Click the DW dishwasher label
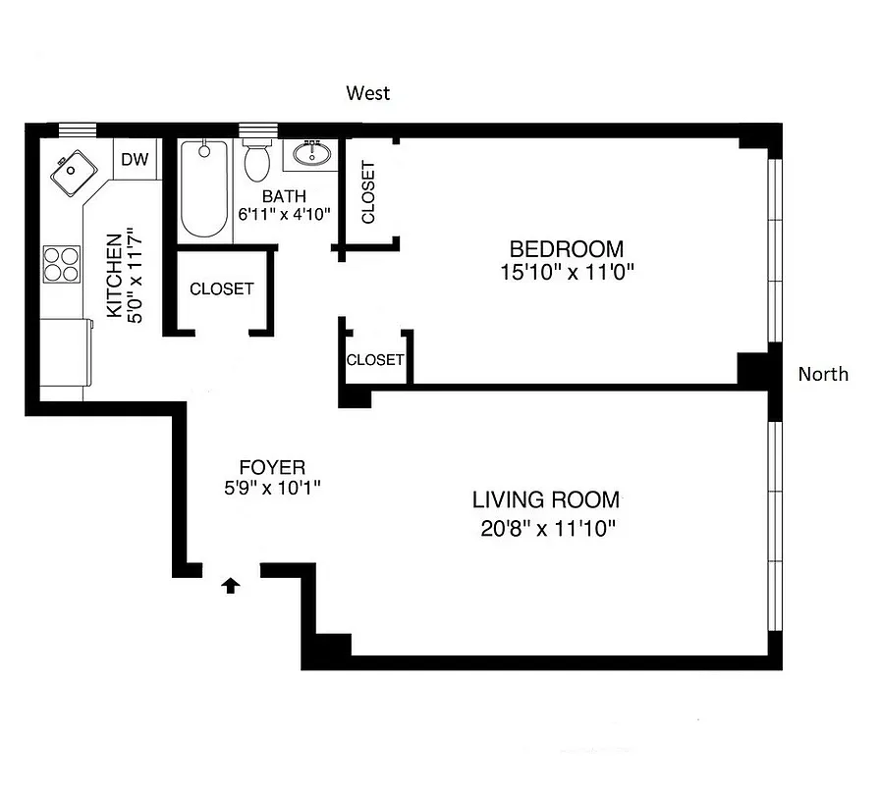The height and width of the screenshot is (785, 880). [135, 160]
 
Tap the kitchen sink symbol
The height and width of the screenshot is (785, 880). [73, 174]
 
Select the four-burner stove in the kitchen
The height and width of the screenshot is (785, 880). [61, 263]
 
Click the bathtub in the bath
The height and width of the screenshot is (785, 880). [204, 188]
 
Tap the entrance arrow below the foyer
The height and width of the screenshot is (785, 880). [231, 586]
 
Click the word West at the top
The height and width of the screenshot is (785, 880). [368, 93]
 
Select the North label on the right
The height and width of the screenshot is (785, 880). [823, 374]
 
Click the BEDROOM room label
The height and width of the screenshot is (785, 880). [566, 249]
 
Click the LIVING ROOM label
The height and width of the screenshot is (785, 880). [546, 498]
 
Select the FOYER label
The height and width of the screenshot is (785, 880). [272, 467]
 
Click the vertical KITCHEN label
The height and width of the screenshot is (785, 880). [114, 276]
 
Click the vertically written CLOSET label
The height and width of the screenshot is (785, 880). [368, 192]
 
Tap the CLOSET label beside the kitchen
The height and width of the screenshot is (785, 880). [221, 289]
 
